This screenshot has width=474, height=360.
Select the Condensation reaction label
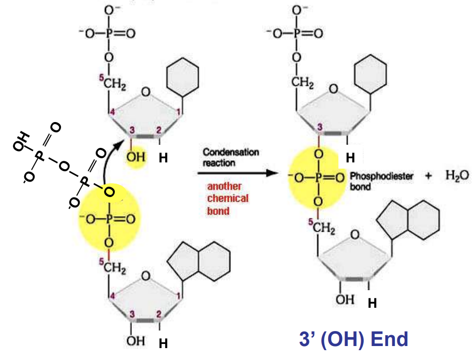[x=231, y=157]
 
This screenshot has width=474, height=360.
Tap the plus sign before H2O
[x=428, y=176]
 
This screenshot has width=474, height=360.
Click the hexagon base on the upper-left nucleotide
[x=182, y=77]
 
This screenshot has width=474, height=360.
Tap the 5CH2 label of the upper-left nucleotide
[x=113, y=81]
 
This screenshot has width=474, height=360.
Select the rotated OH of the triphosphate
[x=21, y=141]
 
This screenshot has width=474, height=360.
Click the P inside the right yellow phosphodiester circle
[x=319, y=177]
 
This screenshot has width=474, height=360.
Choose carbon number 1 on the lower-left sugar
[x=178, y=296]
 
